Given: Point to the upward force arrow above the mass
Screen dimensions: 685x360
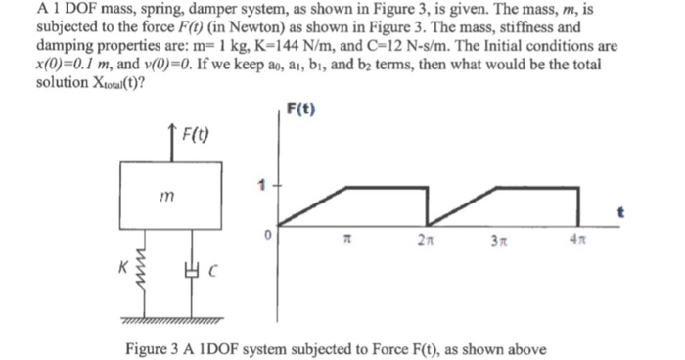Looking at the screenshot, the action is coord(170,142).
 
